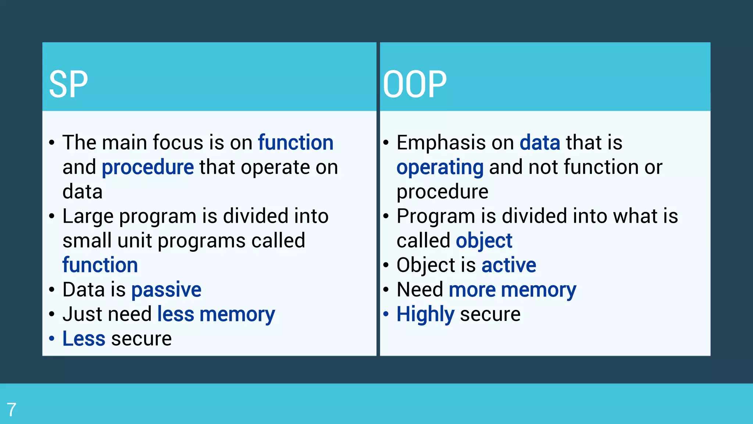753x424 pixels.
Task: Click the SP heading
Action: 68,85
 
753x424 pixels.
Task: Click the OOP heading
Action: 414,85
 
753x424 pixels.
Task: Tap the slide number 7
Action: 11,410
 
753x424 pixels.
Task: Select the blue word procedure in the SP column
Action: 147,167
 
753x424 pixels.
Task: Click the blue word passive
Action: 166,290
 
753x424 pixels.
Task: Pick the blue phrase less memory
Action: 216,315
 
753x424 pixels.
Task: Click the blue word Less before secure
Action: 84,339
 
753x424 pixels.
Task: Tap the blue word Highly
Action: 425,315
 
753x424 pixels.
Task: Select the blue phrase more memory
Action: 512,290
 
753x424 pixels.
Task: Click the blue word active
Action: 508,265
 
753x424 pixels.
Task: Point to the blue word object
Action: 484,241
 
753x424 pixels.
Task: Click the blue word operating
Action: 440,167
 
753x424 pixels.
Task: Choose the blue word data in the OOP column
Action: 540,143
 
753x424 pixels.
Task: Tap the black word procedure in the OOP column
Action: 442,192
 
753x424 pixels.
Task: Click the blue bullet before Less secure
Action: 52,338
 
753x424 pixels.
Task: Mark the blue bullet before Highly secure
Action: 386,314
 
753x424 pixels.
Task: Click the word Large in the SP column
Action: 88,216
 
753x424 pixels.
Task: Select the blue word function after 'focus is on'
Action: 296,143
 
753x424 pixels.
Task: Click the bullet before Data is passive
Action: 52,289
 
